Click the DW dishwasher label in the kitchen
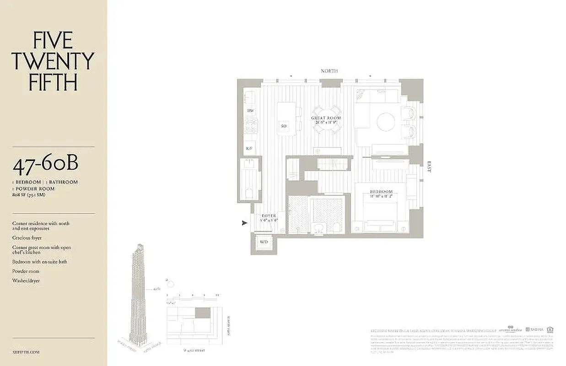(x=250, y=111)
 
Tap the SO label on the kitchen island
(x=284, y=126)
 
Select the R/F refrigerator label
(x=250, y=148)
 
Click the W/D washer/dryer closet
(x=264, y=242)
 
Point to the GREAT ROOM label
(x=326, y=118)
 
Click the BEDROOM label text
(x=381, y=192)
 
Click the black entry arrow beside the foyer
(x=244, y=223)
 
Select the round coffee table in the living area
(x=386, y=122)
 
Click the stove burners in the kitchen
(x=250, y=125)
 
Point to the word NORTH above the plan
(x=329, y=71)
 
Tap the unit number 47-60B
(x=45, y=166)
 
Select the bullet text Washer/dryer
(x=26, y=280)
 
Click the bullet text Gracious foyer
(x=27, y=238)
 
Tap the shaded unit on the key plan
(x=203, y=313)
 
